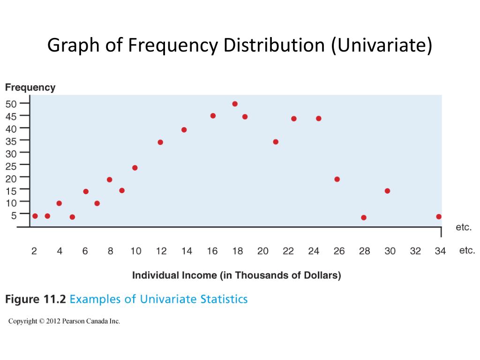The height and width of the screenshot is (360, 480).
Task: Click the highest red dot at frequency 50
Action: (235, 104)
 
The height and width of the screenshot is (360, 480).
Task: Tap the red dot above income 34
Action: (439, 217)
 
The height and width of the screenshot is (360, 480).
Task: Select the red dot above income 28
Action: (364, 217)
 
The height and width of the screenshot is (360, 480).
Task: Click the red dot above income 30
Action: (387, 191)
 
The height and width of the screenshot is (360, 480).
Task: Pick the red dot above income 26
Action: (337, 179)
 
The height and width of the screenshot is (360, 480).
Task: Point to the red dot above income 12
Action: (160, 142)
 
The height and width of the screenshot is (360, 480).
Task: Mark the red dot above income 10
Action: (135, 168)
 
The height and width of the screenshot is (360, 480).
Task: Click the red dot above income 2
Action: (35, 216)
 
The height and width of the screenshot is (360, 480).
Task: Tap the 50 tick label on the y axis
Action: (11, 104)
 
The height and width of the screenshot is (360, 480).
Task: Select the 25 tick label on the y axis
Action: (11, 165)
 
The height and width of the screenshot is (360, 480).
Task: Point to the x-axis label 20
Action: (263, 251)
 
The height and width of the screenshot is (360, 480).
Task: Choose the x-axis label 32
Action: (415, 251)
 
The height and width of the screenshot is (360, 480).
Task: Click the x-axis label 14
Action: (187, 251)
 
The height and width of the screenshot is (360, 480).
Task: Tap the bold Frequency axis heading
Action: (30, 88)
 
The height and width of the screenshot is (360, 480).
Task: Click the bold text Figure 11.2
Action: (36, 299)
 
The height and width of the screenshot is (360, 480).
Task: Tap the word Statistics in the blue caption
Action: (224, 299)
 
